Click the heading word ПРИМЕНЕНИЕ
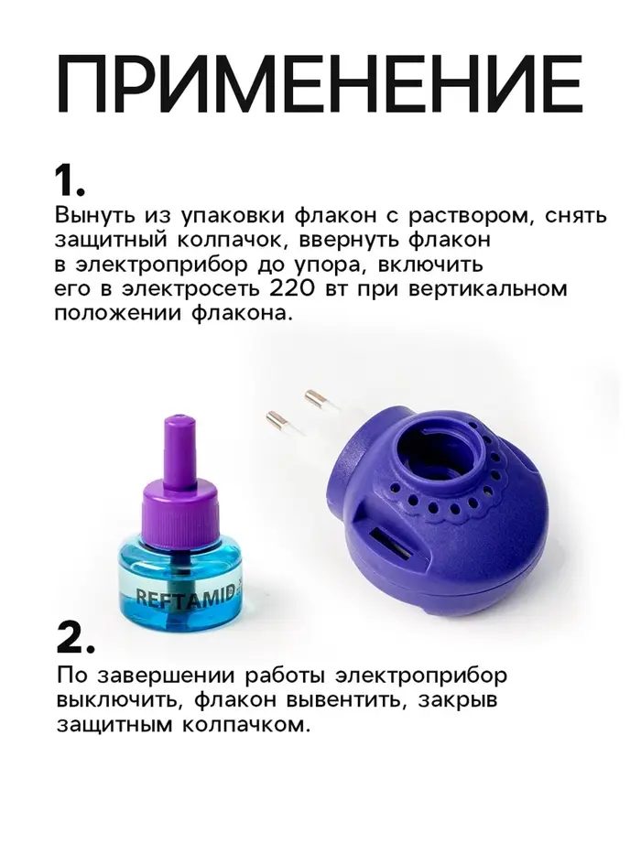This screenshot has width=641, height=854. [320, 83]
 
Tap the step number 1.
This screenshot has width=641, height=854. [70, 181]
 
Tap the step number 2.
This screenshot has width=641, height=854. [75, 638]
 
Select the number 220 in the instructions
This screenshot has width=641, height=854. [292, 288]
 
